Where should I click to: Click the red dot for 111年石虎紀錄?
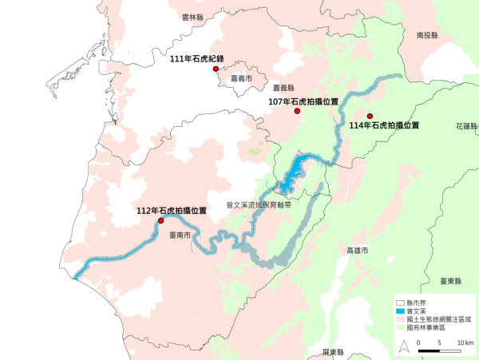(x=216, y=69)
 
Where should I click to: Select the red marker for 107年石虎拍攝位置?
(x=297, y=111)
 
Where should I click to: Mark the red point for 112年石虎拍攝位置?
(x=160, y=220)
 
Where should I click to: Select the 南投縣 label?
(x=428, y=35)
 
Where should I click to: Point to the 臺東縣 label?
(x=452, y=281)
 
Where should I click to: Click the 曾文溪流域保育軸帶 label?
(x=259, y=204)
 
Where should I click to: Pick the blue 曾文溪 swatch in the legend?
(x=402, y=311)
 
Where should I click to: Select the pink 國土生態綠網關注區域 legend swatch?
(x=402, y=318)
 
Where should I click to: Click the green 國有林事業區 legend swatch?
(x=402, y=326)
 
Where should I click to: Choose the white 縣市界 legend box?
(x=402, y=303)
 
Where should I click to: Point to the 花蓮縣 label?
(x=467, y=126)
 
